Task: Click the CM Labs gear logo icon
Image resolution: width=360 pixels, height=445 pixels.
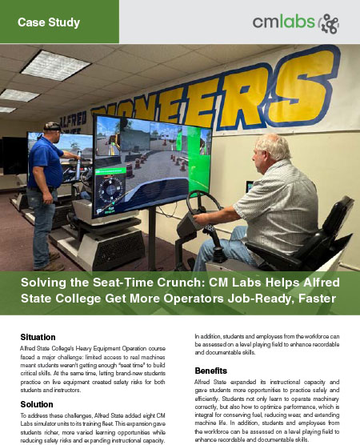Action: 328,22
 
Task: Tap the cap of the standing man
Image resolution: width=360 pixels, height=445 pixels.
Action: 53,126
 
